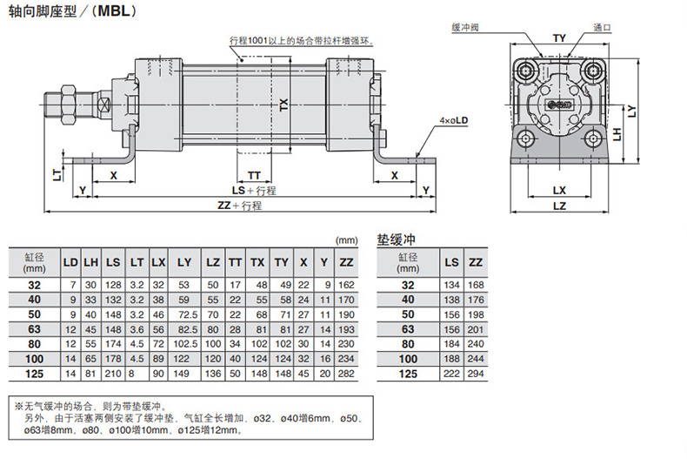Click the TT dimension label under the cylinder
[254, 175]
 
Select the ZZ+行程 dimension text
[240, 206]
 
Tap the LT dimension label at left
[57, 175]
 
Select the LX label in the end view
[559, 190]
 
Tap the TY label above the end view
[559, 38]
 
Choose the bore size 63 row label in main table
[34, 329]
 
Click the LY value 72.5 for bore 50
[184, 314]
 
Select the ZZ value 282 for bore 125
[345, 374]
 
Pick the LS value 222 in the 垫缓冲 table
[451, 374]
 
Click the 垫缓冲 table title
[398, 239]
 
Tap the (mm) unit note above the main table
[345, 240]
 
